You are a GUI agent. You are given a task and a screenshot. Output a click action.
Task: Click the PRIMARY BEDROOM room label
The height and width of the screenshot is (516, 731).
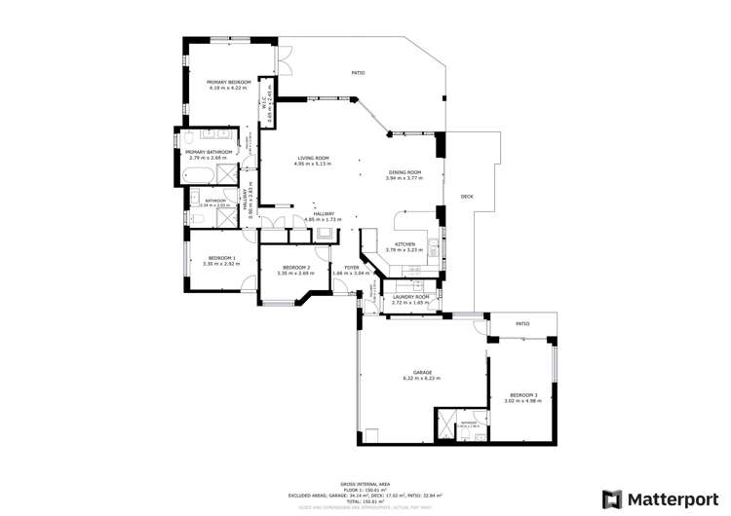(229, 82)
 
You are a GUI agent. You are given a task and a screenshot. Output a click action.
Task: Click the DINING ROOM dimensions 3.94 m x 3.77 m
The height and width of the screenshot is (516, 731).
(404, 178)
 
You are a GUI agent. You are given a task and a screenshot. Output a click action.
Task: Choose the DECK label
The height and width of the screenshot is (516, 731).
(467, 198)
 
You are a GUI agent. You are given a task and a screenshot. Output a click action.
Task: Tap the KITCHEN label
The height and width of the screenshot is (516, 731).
(404, 244)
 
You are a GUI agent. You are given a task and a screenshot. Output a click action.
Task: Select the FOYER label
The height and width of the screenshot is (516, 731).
(351, 267)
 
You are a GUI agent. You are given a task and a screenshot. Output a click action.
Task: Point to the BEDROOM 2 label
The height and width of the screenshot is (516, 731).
(295, 267)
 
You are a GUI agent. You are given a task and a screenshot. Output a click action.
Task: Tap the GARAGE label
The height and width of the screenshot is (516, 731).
(423, 372)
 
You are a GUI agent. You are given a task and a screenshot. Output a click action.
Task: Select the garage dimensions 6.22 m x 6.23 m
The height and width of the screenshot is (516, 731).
(423, 378)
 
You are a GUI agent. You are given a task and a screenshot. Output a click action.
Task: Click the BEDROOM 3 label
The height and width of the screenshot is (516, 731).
(521, 394)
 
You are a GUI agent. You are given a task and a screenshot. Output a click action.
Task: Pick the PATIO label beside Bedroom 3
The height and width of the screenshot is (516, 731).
(522, 324)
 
